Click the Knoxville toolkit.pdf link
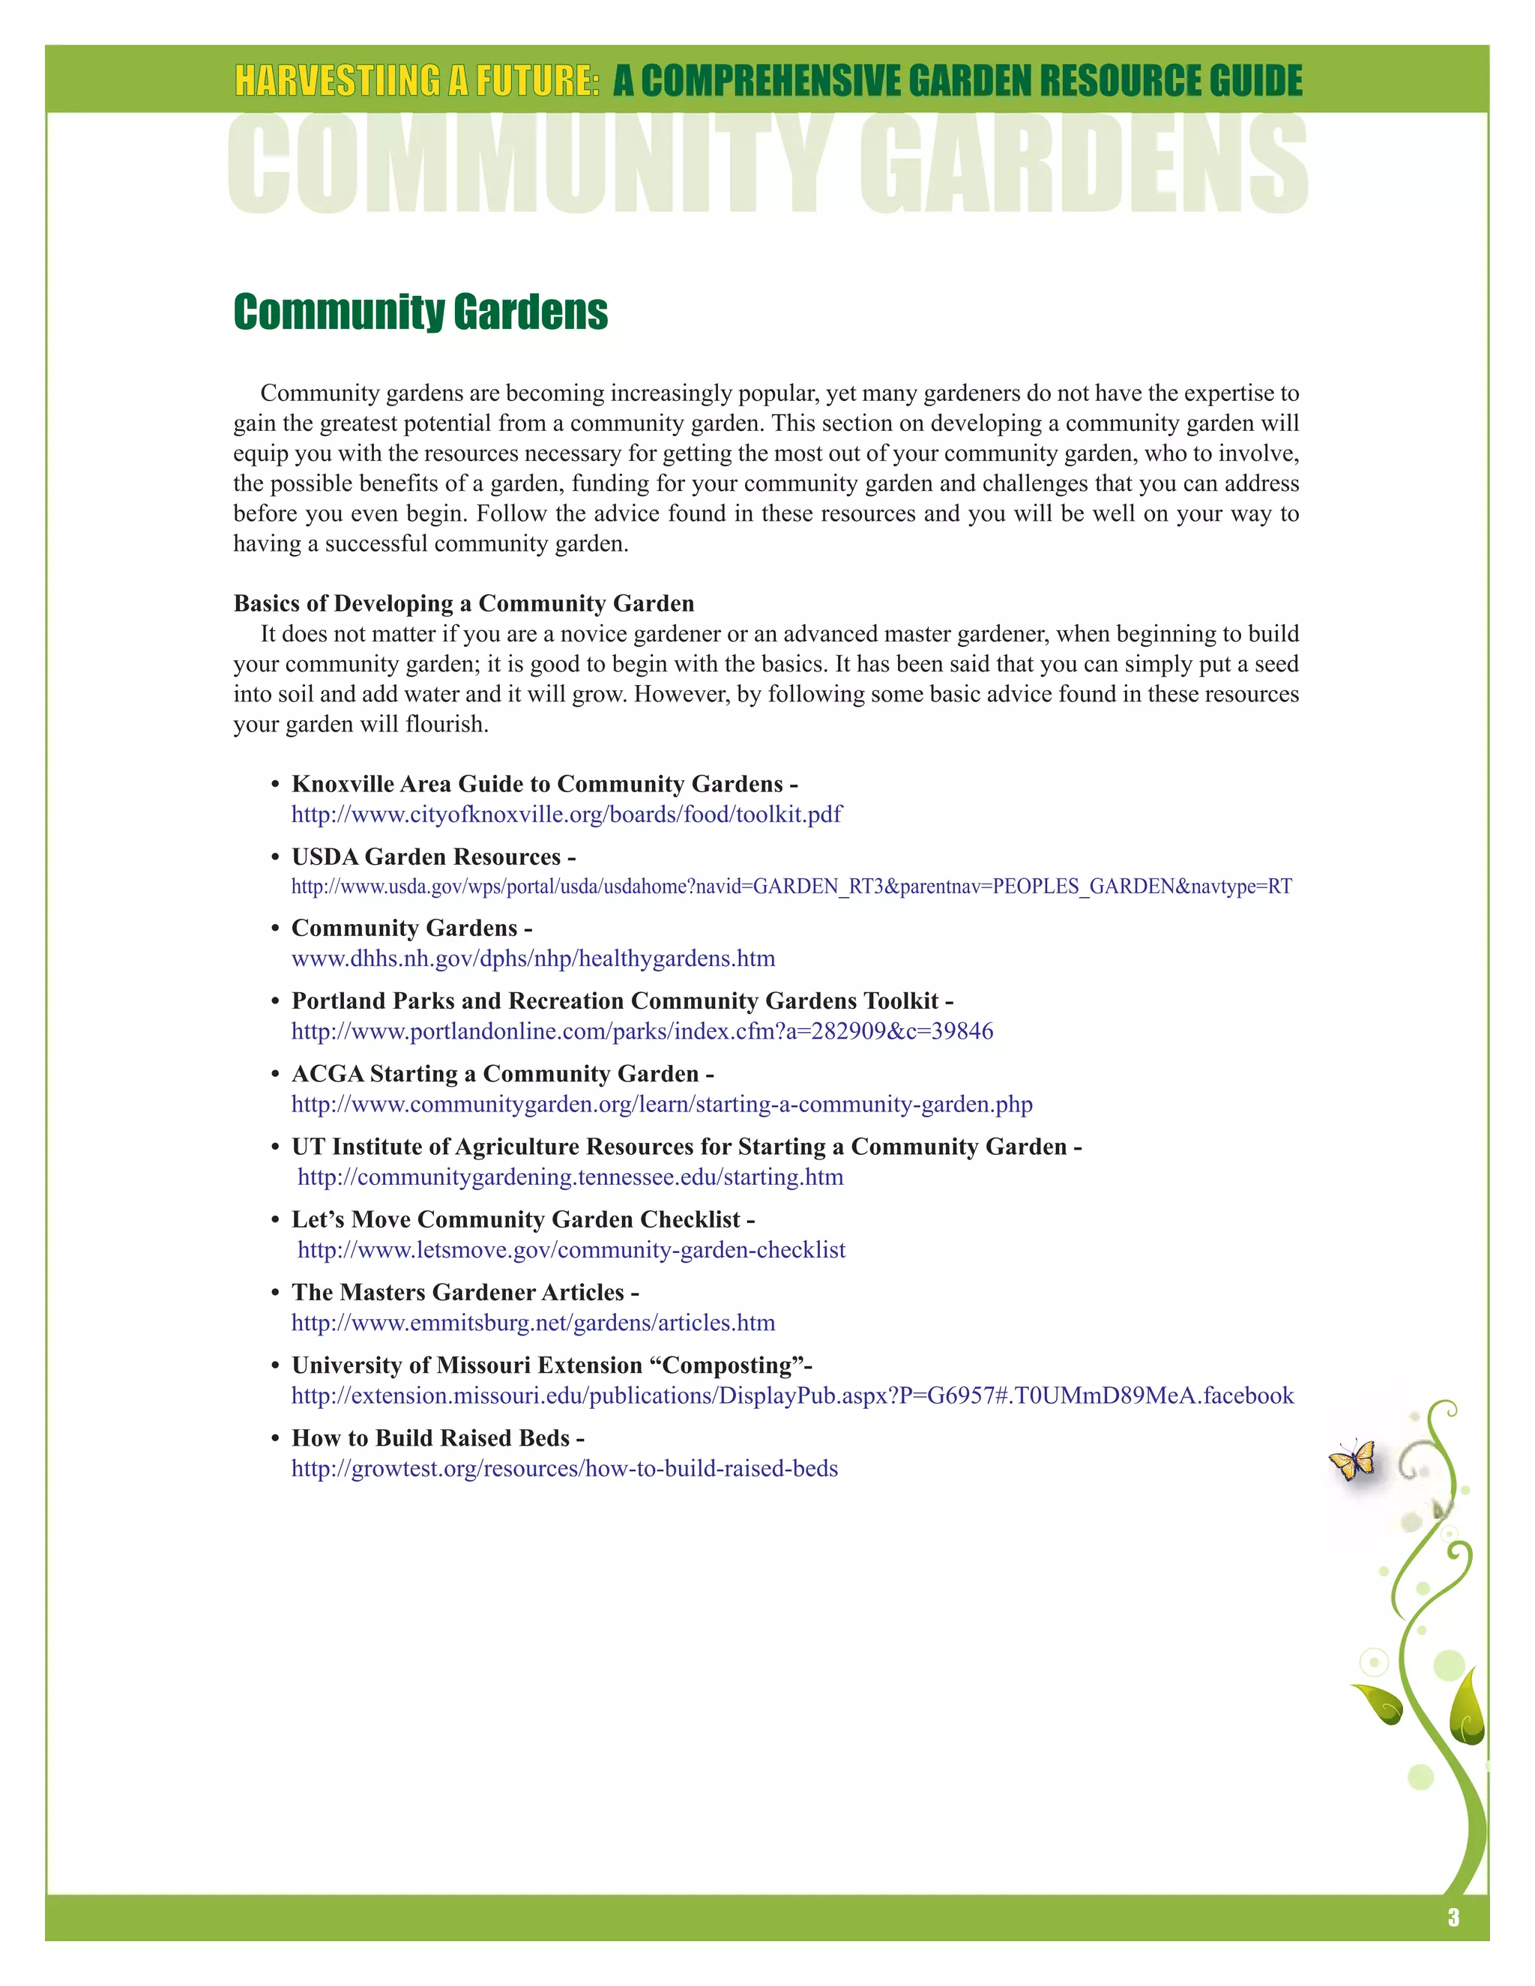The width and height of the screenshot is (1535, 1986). [x=566, y=814]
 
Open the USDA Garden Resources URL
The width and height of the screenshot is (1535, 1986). [x=791, y=887]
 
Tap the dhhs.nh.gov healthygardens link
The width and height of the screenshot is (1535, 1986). [x=533, y=959]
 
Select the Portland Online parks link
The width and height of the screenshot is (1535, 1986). [x=642, y=1031]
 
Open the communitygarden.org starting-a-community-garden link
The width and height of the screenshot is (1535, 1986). [x=661, y=1104]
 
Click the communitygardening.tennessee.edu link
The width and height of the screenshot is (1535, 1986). [x=570, y=1177]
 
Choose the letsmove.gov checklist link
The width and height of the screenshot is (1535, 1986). [x=571, y=1249]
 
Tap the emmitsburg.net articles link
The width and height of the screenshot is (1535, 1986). [x=533, y=1322]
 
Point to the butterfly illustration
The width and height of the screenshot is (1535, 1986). [x=1352, y=1459]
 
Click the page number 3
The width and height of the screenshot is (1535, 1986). [x=1453, y=1917]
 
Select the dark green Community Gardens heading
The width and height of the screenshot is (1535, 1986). [x=420, y=312]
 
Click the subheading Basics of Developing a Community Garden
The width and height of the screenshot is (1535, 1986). [x=464, y=604]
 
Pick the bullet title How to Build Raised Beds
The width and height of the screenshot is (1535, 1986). [x=430, y=1437]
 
